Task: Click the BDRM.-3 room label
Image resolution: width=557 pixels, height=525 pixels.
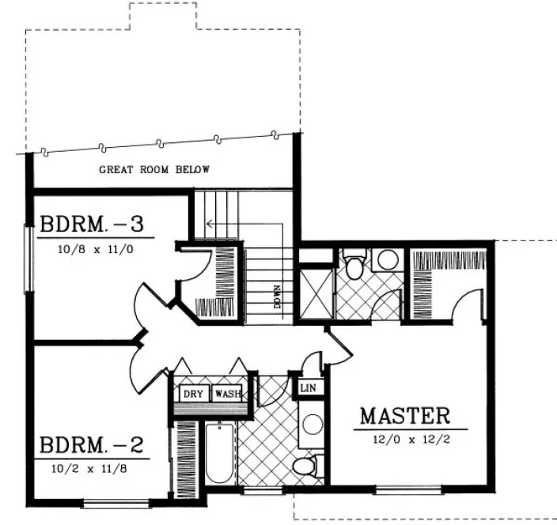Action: (91, 225)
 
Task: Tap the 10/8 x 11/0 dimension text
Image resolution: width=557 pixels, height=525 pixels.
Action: (91, 247)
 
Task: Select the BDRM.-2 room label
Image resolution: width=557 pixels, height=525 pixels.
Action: (91, 444)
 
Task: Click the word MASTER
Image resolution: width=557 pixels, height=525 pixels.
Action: (405, 416)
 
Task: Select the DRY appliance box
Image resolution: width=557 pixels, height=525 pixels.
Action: (193, 394)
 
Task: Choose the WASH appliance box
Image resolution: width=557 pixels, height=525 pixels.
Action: (227, 394)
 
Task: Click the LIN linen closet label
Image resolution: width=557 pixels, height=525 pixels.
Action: (308, 388)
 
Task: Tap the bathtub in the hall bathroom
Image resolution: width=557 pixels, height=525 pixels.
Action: (218, 455)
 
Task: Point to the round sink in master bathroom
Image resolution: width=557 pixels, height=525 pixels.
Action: (387, 260)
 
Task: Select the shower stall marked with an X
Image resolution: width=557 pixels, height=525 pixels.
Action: (314, 293)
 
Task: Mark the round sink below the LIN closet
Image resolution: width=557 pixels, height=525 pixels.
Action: (313, 423)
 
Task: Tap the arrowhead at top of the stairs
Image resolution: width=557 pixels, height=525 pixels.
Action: (209, 224)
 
